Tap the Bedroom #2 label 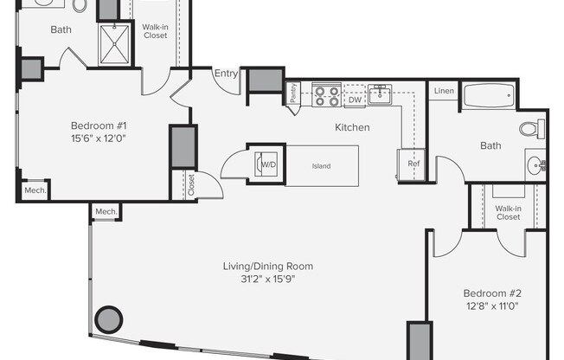pos(492,293)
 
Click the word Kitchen pos(352,127)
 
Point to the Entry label pos(226,74)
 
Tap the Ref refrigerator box pos(413,163)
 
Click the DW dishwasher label pos(355,100)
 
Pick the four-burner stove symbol pos(326,94)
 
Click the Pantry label pos(294,93)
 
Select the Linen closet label pos(444,91)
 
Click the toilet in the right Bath pos(531,129)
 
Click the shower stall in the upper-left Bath pos(113,43)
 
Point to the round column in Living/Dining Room pos(108,320)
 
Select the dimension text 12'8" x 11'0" pos(492,306)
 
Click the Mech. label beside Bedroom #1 pos(35,190)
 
